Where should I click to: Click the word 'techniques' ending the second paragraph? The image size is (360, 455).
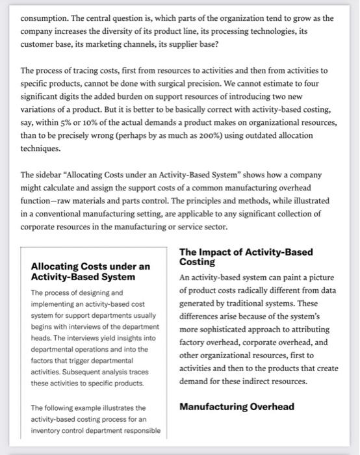click(x=42, y=148)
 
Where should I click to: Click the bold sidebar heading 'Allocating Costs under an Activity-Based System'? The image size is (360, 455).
click(x=90, y=272)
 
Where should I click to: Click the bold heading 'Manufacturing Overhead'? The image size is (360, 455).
click(x=237, y=407)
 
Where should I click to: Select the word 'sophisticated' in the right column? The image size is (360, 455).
click(x=229, y=329)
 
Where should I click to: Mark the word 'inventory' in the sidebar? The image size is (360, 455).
click(x=50, y=431)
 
